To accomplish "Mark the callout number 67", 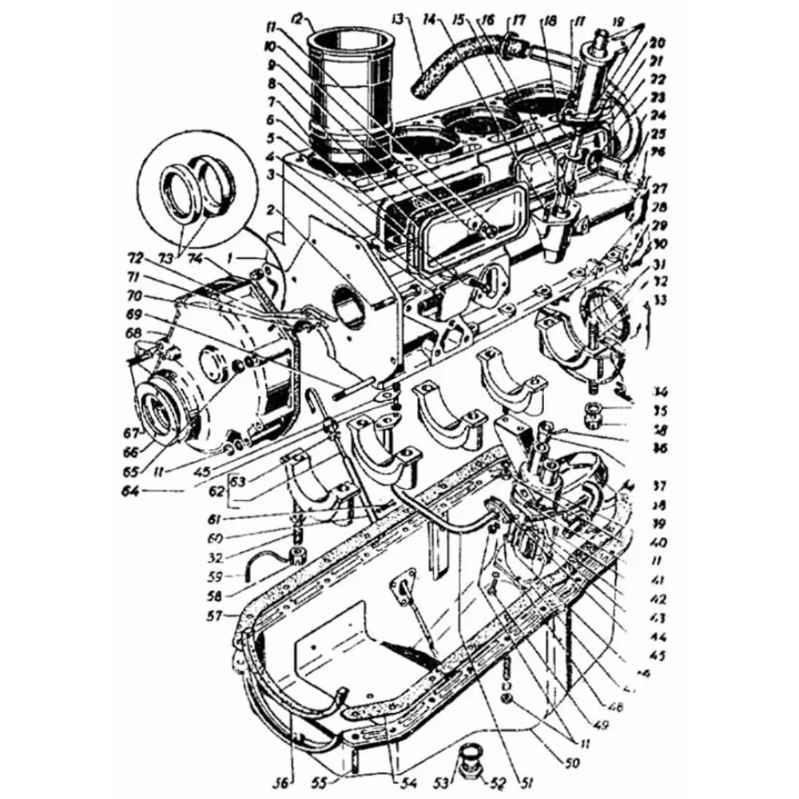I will (131, 432).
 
